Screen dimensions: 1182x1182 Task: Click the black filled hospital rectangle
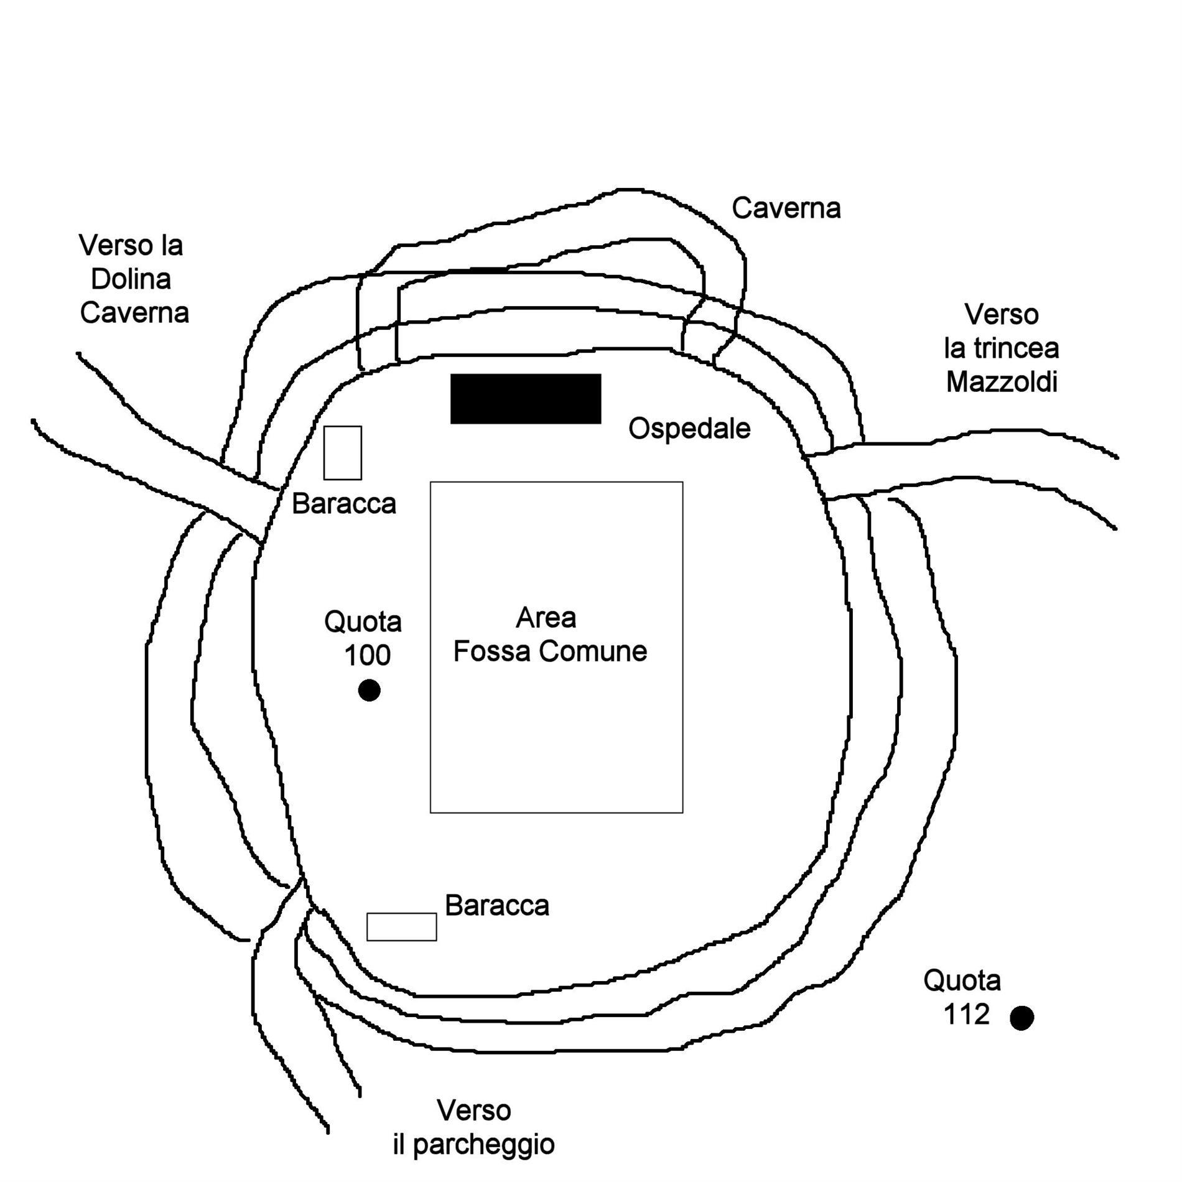(x=526, y=399)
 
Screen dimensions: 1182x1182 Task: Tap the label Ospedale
(x=689, y=429)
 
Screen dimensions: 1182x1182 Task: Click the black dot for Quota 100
(x=370, y=690)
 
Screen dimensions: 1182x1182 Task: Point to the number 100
(x=368, y=655)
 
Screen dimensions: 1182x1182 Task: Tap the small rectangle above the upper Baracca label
(x=342, y=453)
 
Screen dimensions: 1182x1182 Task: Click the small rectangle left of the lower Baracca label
(x=401, y=927)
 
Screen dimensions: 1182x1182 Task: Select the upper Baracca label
(x=344, y=503)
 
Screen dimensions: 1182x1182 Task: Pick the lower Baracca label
(x=497, y=906)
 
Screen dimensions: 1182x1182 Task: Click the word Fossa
(x=493, y=651)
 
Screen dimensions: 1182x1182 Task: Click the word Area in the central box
(x=546, y=618)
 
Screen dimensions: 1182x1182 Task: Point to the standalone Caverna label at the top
(x=786, y=208)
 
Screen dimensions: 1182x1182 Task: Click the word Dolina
(x=131, y=279)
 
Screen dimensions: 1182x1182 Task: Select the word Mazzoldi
(x=1002, y=381)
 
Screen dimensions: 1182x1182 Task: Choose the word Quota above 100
(x=363, y=621)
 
